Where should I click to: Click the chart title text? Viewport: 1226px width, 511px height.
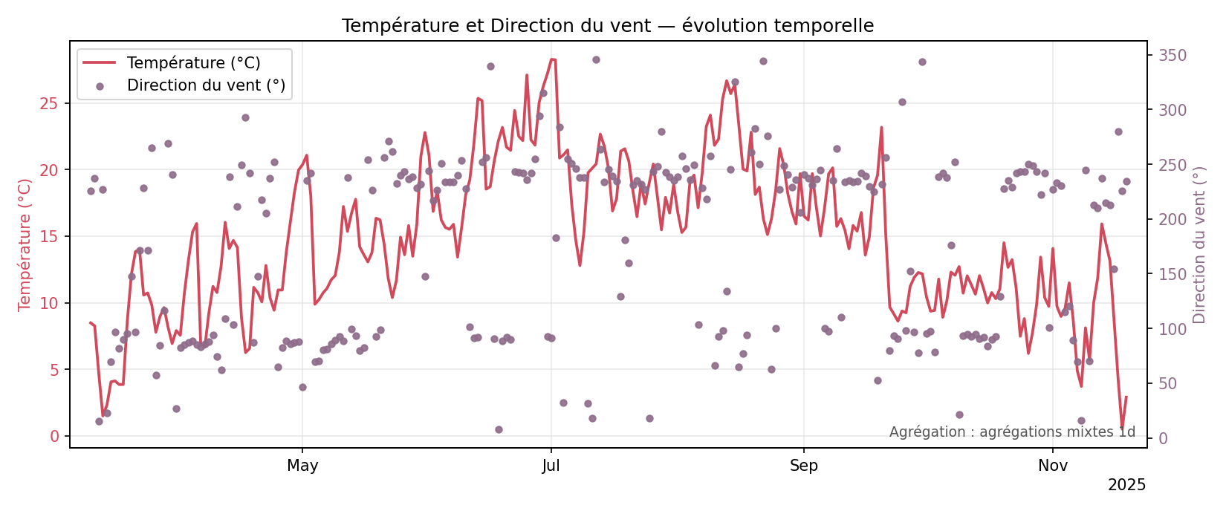point(607,26)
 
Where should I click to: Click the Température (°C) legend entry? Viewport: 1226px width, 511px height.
point(193,63)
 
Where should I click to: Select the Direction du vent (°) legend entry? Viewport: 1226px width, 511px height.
point(206,85)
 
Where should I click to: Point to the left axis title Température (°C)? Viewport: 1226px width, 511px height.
point(25,244)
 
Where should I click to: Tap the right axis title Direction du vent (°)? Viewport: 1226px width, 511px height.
point(1199,244)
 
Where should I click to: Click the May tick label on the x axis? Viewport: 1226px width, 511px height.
point(302,466)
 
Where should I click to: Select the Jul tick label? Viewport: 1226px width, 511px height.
point(551,466)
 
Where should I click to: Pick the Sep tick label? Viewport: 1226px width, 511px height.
point(803,466)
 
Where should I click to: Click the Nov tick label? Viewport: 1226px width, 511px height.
point(1053,466)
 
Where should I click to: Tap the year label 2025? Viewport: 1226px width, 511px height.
point(1126,486)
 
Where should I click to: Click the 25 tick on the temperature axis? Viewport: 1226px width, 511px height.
point(49,103)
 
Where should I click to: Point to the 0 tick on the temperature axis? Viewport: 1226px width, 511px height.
point(54,437)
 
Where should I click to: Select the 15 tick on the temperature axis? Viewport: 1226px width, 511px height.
point(49,237)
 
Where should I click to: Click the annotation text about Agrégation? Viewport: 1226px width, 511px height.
point(1012,432)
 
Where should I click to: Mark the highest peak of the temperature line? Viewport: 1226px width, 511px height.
point(552,59)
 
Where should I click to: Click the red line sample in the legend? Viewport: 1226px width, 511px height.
point(99,63)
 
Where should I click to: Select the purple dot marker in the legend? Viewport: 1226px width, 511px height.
point(100,86)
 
